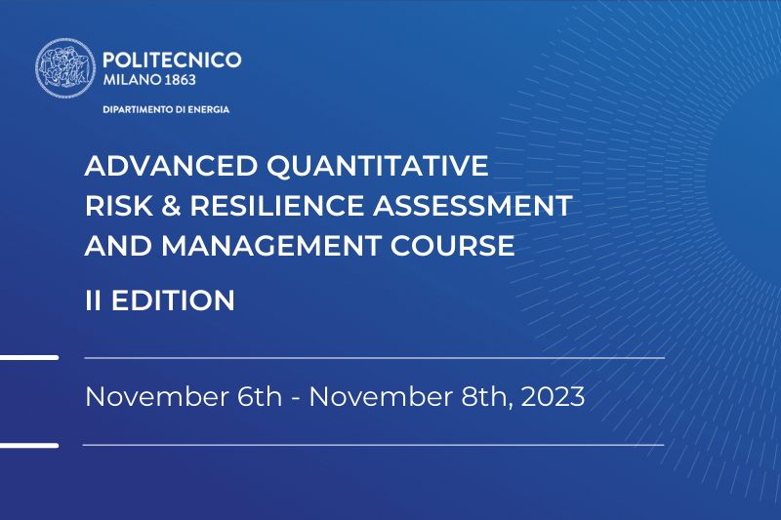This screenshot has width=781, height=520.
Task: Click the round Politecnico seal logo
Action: point(65,68)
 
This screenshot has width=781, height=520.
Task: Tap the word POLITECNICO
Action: point(172,60)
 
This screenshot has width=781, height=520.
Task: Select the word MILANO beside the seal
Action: point(132,80)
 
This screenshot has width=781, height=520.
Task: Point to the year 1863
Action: point(180,80)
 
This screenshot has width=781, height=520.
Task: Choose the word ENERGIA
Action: point(209,109)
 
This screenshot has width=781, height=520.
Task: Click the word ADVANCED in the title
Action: point(172,166)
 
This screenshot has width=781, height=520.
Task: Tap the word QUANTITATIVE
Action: point(378,167)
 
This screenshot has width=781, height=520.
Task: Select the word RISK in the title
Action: point(119,206)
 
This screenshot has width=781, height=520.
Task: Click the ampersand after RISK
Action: point(172,206)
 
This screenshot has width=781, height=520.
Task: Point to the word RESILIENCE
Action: point(277,206)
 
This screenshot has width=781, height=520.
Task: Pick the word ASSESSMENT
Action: point(473,206)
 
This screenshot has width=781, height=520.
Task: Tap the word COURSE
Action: point(452,246)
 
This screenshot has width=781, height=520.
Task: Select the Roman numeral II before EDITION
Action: point(93,300)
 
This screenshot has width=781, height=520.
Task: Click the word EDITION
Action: point(173,300)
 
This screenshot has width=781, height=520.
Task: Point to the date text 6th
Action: point(260,397)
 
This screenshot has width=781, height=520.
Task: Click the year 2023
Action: point(553,397)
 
